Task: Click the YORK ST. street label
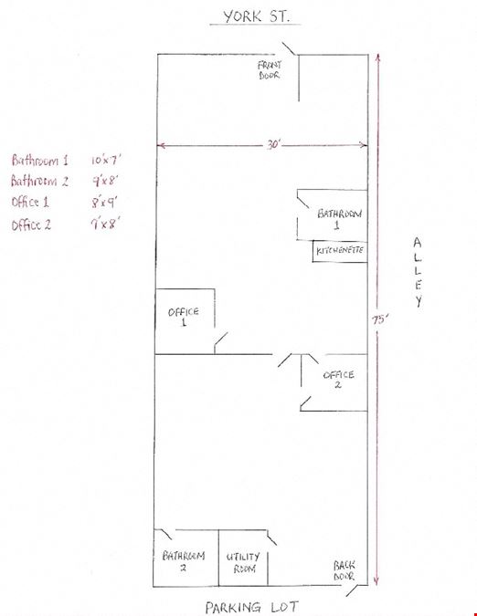click(x=256, y=16)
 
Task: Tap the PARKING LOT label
click(x=251, y=607)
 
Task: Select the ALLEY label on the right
click(x=418, y=272)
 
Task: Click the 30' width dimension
click(x=272, y=144)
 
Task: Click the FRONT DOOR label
click(x=270, y=70)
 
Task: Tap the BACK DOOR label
click(x=344, y=570)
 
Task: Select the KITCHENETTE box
click(x=340, y=251)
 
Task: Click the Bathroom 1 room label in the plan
click(x=339, y=219)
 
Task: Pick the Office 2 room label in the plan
click(x=338, y=379)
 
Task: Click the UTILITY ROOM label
click(x=243, y=562)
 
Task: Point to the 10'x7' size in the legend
click(x=106, y=160)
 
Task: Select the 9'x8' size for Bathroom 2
click(x=105, y=181)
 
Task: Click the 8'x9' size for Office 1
click(x=104, y=203)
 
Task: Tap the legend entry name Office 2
click(x=31, y=225)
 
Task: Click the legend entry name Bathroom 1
click(x=39, y=161)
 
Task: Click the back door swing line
click(x=353, y=590)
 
